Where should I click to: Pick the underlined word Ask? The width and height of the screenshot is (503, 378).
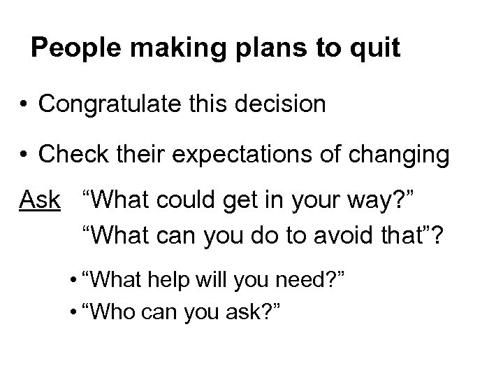pos(39,199)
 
